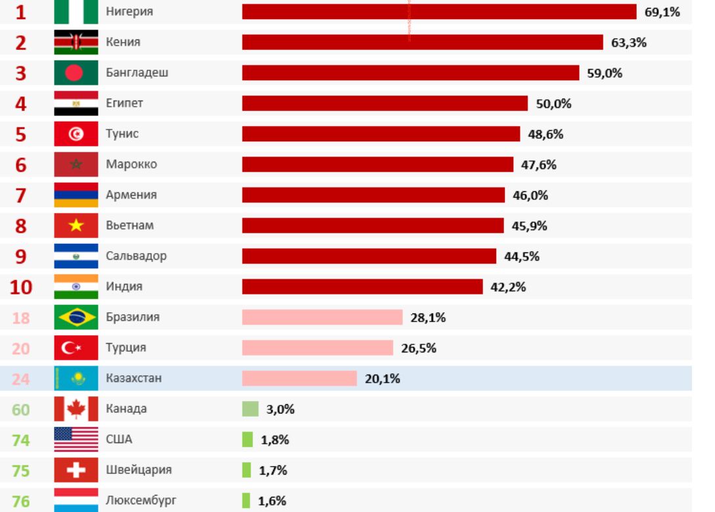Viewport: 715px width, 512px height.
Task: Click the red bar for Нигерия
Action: pyautogui.click(x=439, y=12)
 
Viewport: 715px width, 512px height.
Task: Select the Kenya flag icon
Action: pyautogui.click(x=76, y=43)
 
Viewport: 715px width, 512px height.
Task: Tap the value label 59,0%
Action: pyautogui.click(x=605, y=73)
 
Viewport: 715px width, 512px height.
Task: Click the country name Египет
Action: pyautogui.click(x=124, y=103)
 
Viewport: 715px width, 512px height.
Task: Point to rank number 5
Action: pyautogui.click(x=21, y=134)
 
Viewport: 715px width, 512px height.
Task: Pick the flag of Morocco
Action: pyautogui.click(x=76, y=164)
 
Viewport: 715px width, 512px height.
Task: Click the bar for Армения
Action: pyautogui.click(x=373, y=195)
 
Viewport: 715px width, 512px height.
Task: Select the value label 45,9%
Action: pyautogui.click(x=530, y=226)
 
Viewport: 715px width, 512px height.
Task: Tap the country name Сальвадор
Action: pyautogui.click(x=136, y=256)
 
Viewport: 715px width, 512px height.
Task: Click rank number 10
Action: pyautogui.click(x=21, y=287)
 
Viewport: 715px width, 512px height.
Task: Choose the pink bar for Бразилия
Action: pyautogui.click(x=322, y=317)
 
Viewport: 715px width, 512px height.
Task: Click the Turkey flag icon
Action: pyautogui.click(x=76, y=348)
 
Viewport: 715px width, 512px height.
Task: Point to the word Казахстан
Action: pyautogui.click(x=133, y=379)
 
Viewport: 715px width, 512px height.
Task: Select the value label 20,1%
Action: pyautogui.click(x=382, y=379)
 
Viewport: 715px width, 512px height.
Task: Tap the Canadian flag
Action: pyautogui.click(x=76, y=409)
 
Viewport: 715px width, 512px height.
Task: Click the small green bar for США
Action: pyautogui.click(x=247, y=440)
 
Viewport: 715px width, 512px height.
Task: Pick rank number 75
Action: pyautogui.click(x=21, y=471)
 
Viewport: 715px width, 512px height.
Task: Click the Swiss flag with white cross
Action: pyautogui.click(x=76, y=470)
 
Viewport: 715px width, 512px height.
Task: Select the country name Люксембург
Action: pyautogui.click(x=141, y=501)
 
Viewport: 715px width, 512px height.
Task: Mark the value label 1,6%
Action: pyautogui.click(x=272, y=501)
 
